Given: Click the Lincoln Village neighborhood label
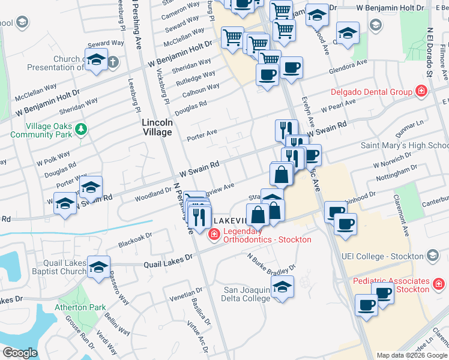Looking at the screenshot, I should [157, 127].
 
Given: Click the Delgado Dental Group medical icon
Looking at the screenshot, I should [421, 91].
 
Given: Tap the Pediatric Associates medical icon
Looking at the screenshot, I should [439, 281].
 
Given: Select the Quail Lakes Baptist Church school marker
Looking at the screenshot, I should [98, 267].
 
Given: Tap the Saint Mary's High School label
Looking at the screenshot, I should [404, 146].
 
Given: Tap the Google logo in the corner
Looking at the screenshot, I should [20, 353].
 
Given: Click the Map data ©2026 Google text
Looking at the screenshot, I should [411, 355].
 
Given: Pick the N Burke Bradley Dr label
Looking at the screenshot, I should [272, 262].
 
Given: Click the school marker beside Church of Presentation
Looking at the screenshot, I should [96, 60].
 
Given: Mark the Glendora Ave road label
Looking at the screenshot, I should [347, 67].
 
